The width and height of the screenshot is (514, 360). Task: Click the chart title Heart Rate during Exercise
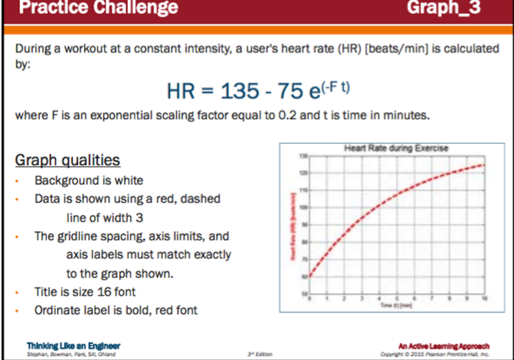click(x=396, y=148)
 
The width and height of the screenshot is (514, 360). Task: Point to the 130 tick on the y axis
click(x=304, y=155)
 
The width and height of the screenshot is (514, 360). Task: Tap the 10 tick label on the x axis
click(x=485, y=300)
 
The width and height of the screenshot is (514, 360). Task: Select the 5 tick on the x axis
click(x=398, y=300)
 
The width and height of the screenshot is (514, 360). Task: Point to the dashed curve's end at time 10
click(x=485, y=165)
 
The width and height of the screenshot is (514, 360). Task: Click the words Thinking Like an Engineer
click(x=63, y=345)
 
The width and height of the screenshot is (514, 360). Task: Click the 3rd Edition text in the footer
click(x=260, y=353)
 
